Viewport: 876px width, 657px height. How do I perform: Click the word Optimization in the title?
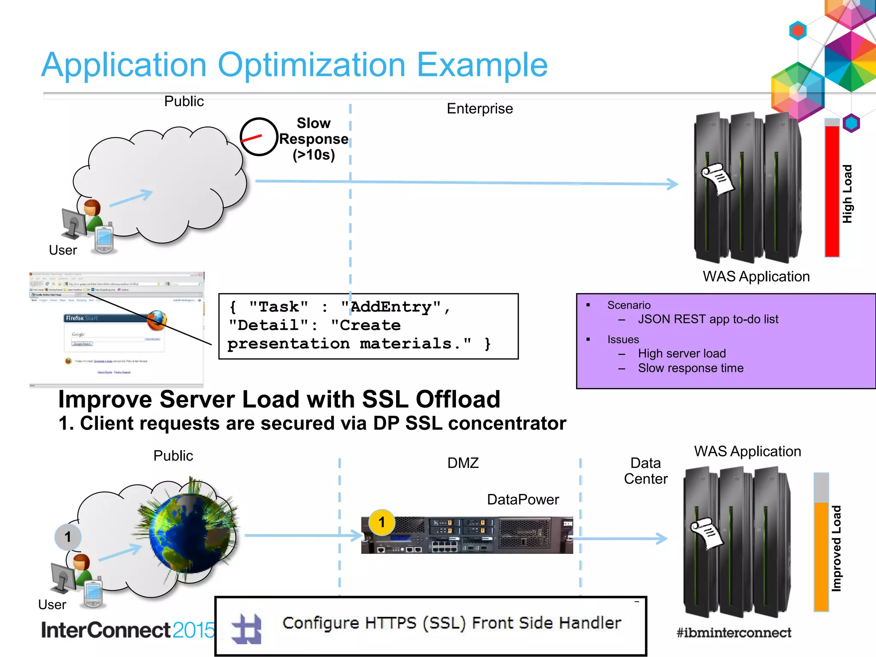[x=311, y=65]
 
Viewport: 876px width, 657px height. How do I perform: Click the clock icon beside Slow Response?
[x=259, y=137]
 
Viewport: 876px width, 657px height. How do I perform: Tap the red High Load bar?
[x=832, y=190]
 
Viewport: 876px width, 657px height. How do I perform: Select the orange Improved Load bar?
[x=821, y=556]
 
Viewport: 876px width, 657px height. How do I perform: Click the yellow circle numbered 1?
[x=382, y=522]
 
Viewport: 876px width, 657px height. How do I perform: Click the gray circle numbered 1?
[x=68, y=537]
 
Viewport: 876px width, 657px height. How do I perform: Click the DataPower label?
[x=523, y=500]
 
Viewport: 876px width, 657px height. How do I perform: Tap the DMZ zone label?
[x=463, y=463]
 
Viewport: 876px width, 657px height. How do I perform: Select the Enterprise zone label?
[x=479, y=109]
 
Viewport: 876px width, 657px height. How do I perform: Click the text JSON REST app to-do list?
[x=708, y=319]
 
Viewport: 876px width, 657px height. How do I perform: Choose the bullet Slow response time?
[x=690, y=368]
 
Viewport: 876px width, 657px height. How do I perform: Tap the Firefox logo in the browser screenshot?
[x=157, y=320]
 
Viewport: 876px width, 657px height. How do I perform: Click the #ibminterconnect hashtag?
[x=734, y=633]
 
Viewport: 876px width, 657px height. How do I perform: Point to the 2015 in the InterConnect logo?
[x=193, y=630]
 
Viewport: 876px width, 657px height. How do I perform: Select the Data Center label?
[x=645, y=471]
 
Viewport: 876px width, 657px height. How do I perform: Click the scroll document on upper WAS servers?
[x=717, y=178]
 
